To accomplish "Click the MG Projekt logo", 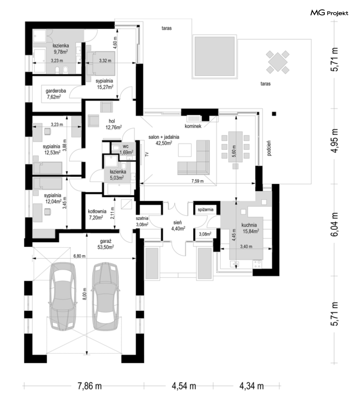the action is pyautogui.click(x=329, y=13).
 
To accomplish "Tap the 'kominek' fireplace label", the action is pyautogui.click(x=193, y=126).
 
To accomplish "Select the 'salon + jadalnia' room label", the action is pyautogui.click(x=164, y=137).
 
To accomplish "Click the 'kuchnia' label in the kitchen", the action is pyautogui.click(x=249, y=225).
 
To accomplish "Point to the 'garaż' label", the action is pyautogui.click(x=106, y=241).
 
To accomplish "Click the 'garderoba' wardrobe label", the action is pyautogui.click(x=56, y=91).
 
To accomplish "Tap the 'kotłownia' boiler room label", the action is pyautogui.click(x=97, y=211).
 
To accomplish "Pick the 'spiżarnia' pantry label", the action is pyautogui.click(x=206, y=210).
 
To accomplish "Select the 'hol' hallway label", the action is pyautogui.click(x=112, y=121).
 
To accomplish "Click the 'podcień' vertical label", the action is pyautogui.click(x=269, y=148).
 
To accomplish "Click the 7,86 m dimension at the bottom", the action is pyautogui.click(x=90, y=386).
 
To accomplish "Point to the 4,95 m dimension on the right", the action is pyautogui.click(x=334, y=141).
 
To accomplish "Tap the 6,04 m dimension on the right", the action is pyautogui.click(x=334, y=224).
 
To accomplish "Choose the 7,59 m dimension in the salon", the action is pyautogui.click(x=198, y=181).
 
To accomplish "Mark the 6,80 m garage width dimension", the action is pyautogui.click(x=79, y=256).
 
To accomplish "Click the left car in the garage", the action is pyautogui.click(x=63, y=296).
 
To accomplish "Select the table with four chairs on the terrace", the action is pyautogui.click(x=278, y=62).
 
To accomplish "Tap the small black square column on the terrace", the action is pyautogui.click(x=274, y=114).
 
